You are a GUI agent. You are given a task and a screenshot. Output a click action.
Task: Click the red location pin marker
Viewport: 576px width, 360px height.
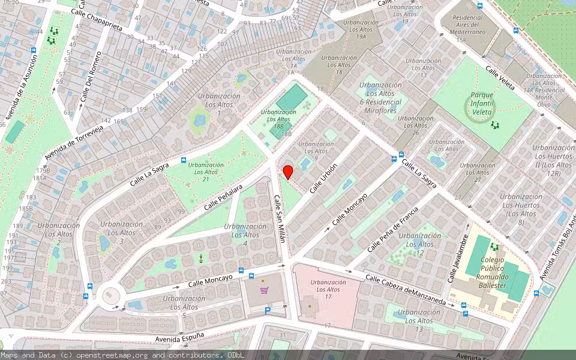pyautogui.click(x=288, y=172)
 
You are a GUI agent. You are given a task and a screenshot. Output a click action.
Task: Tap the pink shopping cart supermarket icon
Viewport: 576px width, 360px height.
pyautogui.click(x=264, y=290)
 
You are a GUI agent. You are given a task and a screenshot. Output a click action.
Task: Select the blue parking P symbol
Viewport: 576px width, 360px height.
pyautogui.click(x=268, y=310)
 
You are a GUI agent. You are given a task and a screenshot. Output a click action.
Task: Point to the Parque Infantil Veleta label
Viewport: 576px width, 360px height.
pyautogui.click(x=482, y=103)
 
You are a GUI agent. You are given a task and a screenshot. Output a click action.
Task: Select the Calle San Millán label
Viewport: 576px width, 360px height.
pyautogui.click(x=280, y=219)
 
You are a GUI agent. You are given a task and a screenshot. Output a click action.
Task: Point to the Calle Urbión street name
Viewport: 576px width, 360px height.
pyautogui.click(x=323, y=178)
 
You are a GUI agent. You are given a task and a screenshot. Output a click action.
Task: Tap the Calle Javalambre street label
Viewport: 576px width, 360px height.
pyautogui.click(x=457, y=254)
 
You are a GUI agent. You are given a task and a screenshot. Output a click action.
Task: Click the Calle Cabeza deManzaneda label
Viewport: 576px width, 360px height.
pyautogui.click(x=406, y=290)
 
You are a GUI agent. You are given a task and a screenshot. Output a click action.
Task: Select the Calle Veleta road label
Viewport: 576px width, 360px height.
pyautogui.click(x=500, y=78)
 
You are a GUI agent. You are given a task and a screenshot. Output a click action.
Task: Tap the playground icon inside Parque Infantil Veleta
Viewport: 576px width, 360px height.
pyautogui.click(x=496, y=125)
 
